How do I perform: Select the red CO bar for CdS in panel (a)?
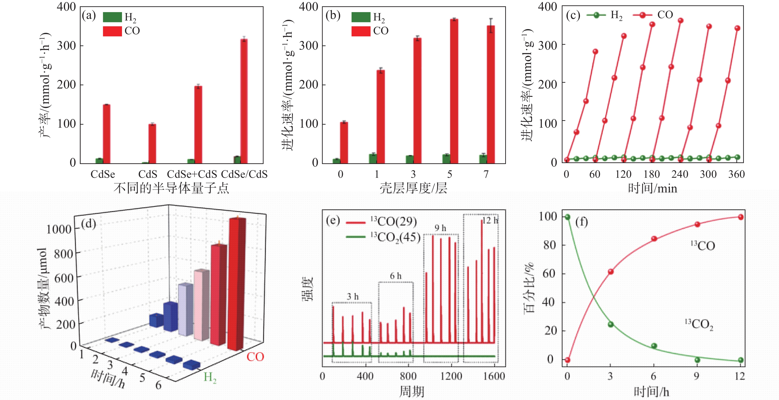point(152,144)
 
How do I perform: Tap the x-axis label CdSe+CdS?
point(192,174)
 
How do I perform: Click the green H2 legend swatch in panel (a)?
point(112,17)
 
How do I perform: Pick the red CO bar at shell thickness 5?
point(454,91)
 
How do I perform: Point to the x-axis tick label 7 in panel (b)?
point(486,174)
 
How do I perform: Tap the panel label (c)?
point(573,15)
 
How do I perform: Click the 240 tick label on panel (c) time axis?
point(680,174)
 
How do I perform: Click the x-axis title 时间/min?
point(652,188)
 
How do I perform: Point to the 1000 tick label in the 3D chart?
point(59,229)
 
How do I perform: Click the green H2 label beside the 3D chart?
point(210,377)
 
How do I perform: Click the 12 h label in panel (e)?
point(490,220)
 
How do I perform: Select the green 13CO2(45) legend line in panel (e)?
point(356,237)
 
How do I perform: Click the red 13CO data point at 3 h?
point(611,272)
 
